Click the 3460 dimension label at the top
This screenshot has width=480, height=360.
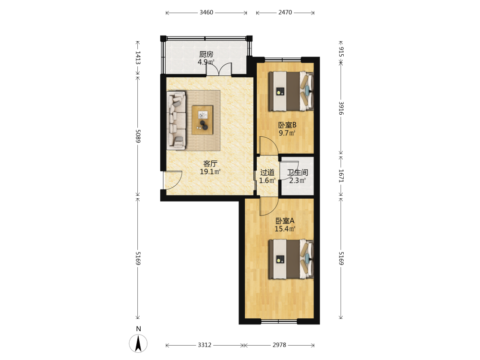coord(206,12)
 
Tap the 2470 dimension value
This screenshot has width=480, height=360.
coord(285,12)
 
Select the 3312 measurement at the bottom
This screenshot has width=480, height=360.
coord(204,345)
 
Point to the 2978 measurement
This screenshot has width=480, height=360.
coord(279,345)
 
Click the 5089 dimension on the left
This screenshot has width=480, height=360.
coord(138,136)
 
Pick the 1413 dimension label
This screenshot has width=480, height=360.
coord(138,58)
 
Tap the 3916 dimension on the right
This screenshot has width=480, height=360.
coord(341,108)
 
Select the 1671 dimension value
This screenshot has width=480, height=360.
coord(341,176)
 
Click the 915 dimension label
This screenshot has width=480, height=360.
coord(341,52)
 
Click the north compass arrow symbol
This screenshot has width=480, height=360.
coord(138,343)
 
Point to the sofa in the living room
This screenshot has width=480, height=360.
coord(176,120)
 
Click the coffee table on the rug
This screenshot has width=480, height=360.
coord(203,120)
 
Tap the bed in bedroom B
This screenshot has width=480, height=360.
coord(291,91)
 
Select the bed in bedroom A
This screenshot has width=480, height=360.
coord(291,259)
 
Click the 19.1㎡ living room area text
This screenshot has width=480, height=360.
coord(210,172)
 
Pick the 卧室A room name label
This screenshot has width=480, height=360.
coord(285,221)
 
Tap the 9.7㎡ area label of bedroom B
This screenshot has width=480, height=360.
coord(287,133)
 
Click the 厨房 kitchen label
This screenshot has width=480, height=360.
coord(206,55)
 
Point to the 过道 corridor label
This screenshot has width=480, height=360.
coord(267,173)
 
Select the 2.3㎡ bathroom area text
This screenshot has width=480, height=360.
coord(298,180)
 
